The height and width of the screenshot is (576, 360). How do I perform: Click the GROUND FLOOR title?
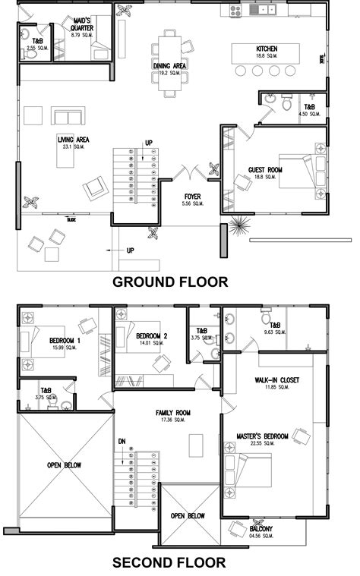(x=170, y=282)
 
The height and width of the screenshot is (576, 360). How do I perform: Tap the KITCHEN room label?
(x=266, y=49)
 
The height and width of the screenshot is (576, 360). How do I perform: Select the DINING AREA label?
(x=170, y=66)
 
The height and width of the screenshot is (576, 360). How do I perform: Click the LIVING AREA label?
(x=74, y=139)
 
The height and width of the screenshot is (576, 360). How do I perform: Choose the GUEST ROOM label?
(x=266, y=169)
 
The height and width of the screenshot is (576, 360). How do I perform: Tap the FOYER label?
(x=192, y=196)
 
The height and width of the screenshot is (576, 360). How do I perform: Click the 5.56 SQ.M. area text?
(x=192, y=203)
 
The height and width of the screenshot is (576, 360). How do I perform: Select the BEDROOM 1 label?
(x=65, y=340)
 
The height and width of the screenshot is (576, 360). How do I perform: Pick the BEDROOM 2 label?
(x=151, y=335)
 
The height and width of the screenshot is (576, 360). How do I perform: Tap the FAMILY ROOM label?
(x=172, y=414)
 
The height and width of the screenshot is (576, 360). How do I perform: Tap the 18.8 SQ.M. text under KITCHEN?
(x=266, y=56)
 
